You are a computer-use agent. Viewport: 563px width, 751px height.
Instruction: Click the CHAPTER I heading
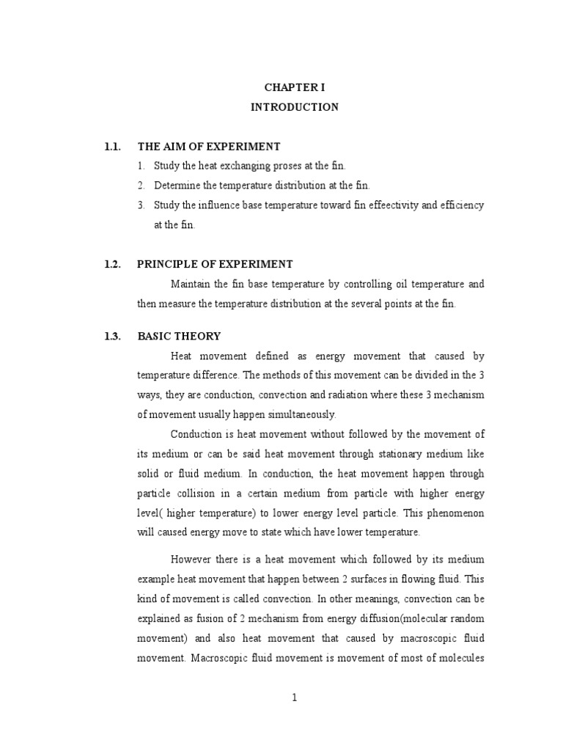[x=295, y=87]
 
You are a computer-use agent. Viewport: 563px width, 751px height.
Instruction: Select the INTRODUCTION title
[x=295, y=107]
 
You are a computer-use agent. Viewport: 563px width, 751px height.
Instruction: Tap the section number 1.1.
[x=112, y=147]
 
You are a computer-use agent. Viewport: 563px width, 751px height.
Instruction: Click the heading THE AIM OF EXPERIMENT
[x=209, y=147]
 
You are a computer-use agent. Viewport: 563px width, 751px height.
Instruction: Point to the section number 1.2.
[x=112, y=264]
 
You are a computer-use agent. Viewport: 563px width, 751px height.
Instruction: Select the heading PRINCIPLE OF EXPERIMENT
[x=216, y=264]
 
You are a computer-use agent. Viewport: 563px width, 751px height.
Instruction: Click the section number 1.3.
[x=112, y=336]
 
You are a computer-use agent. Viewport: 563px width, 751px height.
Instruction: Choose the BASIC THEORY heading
[x=179, y=336]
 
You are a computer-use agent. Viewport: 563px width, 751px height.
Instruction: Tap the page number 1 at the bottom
[x=295, y=697]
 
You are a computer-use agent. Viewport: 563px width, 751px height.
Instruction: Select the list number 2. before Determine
[x=141, y=186]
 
